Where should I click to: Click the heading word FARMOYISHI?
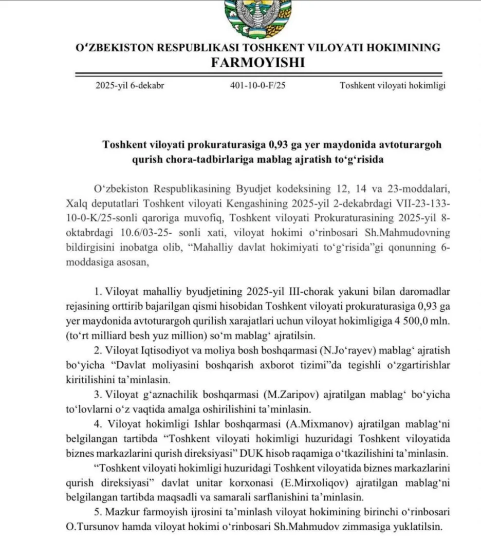click(257, 63)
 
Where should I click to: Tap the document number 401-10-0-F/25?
click(258, 86)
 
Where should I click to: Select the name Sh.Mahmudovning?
click(415, 233)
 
